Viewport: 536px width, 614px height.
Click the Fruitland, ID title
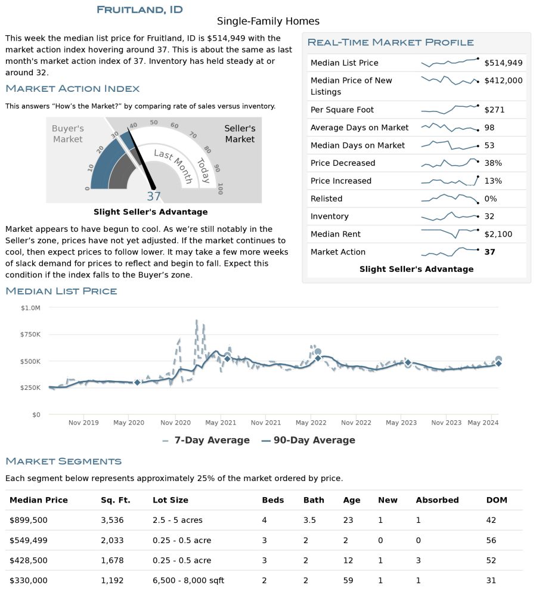tap(140, 10)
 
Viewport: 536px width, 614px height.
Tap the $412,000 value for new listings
tap(503, 80)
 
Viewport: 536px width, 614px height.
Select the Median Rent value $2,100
tap(498, 234)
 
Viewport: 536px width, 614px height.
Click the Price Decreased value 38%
tap(493, 163)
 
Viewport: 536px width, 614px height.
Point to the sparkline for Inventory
tap(450, 216)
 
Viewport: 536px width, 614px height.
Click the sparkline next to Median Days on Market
tap(450, 145)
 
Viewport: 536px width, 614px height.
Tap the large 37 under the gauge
tap(154, 196)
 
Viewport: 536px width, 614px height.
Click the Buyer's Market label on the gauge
tap(68, 134)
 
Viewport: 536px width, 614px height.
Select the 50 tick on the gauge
tap(154, 123)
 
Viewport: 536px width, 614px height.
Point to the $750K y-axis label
tap(30, 334)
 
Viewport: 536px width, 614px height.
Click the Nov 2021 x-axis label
tap(266, 423)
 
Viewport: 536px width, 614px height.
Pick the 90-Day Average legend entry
tap(308, 440)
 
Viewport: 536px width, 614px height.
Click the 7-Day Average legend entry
tap(206, 440)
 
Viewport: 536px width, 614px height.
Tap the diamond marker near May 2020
tap(137, 382)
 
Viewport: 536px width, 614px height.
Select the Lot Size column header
tap(171, 500)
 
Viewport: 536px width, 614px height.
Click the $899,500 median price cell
tap(29, 520)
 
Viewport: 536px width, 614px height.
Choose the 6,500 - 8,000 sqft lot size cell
tap(188, 581)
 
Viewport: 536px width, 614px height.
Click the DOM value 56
tap(491, 541)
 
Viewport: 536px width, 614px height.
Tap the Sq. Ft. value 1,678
tap(112, 561)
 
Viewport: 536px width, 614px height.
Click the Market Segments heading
tap(63, 461)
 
